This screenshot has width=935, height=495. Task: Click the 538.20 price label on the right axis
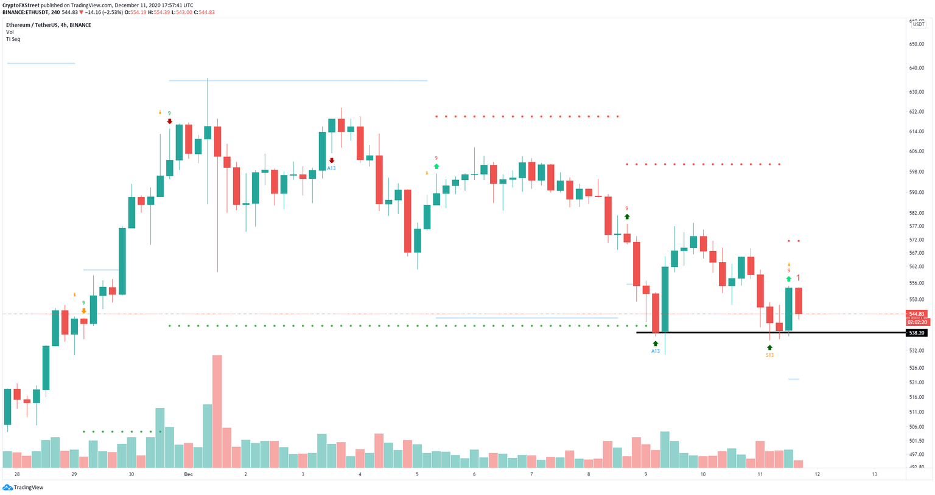[917, 333]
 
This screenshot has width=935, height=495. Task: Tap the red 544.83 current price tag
[917, 314]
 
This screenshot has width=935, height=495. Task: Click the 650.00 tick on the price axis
[917, 44]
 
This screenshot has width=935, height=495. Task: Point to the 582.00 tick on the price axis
[917, 213]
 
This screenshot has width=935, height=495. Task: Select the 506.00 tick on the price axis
[917, 427]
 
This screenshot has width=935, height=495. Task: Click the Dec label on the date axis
[188, 474]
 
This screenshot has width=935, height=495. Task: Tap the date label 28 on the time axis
[17, 474]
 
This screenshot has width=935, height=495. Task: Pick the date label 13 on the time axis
[874, 474]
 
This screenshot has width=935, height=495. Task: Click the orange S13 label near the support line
[769, 355]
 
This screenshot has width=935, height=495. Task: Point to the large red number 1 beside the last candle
[799, 277]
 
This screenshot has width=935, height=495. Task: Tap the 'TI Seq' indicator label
[13, 39]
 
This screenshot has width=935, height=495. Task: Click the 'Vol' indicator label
[10, 32]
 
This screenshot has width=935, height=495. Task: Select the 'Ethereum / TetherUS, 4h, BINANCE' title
[49, 25]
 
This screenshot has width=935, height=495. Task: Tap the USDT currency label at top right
[918, 24]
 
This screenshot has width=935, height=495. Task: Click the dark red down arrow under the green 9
[170, 122]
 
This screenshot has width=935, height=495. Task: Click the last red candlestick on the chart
[798, 300]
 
